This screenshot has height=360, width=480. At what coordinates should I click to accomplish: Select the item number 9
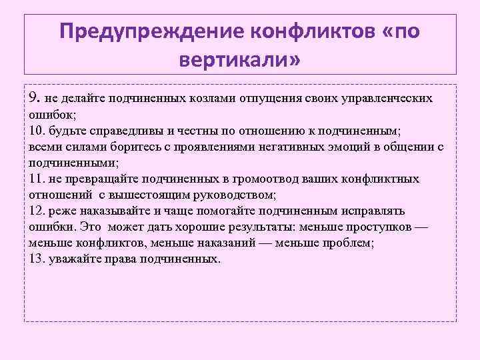pyautogui.click(x=35, y=98)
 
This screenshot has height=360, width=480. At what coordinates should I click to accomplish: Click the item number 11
pyautogui.click(x=37, y=179)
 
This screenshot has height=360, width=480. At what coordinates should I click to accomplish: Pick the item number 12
pyautogui.click(x=37, y=211)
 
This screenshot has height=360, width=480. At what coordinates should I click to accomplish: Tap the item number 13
pyautogui.click(x=37, y=259)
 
